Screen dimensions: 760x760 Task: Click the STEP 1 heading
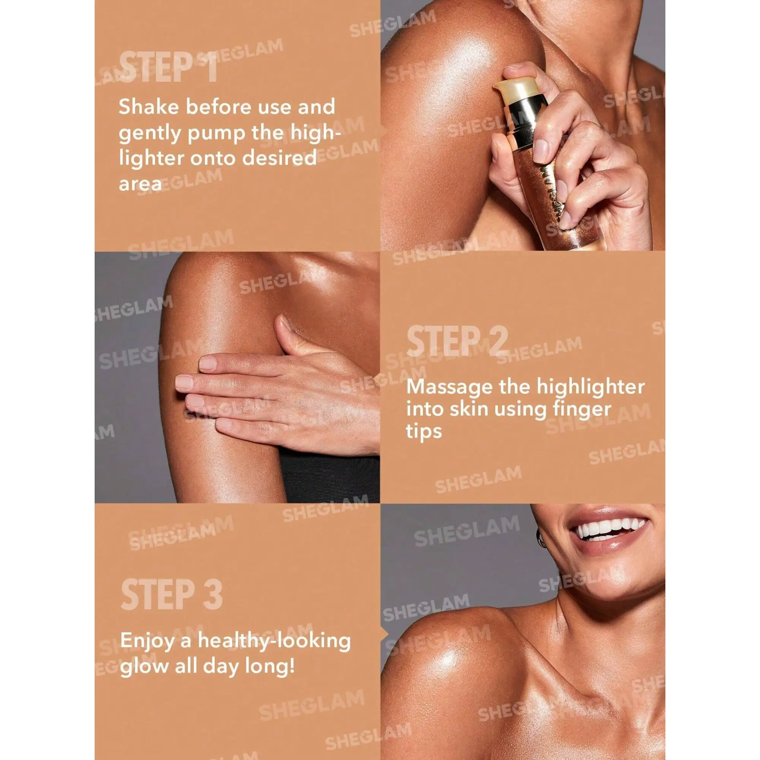(168, 68)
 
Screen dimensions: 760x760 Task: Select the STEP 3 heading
(171, 594)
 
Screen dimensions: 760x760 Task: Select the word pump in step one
(215, 134)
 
